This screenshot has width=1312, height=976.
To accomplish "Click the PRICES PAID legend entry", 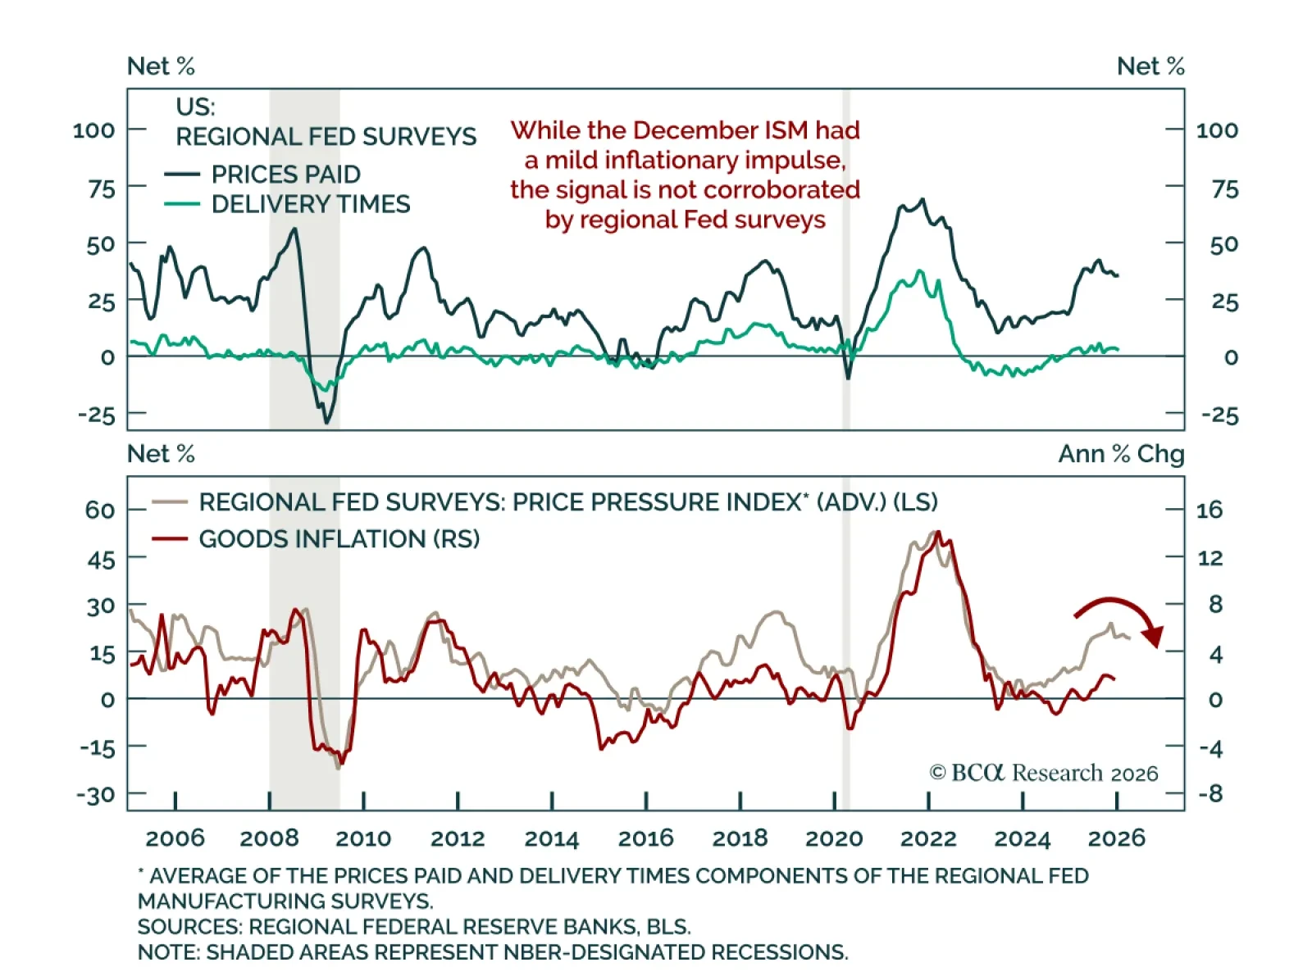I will click(x=285, y=175).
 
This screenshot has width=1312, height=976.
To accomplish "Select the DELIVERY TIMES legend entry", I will click(x=310, y=204).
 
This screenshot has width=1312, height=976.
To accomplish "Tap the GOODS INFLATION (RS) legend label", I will click(x=339, y=539).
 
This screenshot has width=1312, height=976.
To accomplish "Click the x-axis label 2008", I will click(x=269, y=838).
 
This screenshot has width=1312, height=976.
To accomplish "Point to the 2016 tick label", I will click(x=645, y=838).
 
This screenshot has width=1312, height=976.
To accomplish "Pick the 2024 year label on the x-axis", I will click(x=1022, y=838).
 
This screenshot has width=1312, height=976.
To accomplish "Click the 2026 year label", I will click(x=1116, y=838).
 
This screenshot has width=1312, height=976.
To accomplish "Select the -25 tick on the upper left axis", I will click(x=97, y=415).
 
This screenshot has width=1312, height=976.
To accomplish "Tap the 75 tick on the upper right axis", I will click(x=1224, y=189).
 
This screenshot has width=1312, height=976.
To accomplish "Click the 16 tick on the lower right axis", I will click(x=1209, y=510).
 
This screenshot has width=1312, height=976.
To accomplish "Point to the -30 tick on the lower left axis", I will click(x=96, y=795).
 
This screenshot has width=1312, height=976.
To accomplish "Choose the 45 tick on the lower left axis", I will click(x=101, y=561).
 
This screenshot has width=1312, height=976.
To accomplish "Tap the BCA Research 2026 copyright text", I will click(x=1043, y=773).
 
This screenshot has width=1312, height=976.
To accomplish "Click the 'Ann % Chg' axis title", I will click(x=1121, y=454).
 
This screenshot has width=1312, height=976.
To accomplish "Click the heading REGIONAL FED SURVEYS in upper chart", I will click(x=326, y=136).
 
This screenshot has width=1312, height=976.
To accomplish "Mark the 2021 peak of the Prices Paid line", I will click(x=923, y=199).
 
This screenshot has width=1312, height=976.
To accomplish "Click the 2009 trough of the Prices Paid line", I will click(x=327, y=423).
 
